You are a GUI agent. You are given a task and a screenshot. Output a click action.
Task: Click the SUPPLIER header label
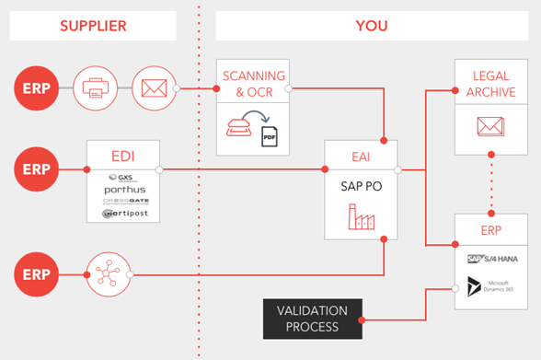pyautogui.click(x=92, y=26)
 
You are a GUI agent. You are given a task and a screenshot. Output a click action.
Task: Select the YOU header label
pyautogui.click(x=371, y=26)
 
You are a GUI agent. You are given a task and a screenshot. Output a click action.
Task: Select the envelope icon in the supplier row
pyautogui.click(x=153, y=89)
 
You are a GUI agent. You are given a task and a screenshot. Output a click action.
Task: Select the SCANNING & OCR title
pyautogui.click(x=252, y=82)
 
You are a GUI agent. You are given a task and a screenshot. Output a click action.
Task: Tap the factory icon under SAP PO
pyautogui.click(x=361, y=218)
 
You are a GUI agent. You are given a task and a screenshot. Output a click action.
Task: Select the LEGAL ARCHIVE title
pyautogui.click(x=490, y=84)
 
